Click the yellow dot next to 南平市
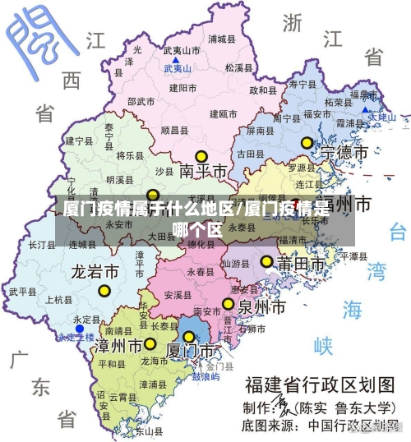(x=201, y=156)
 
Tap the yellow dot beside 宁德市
(x=307, y=142)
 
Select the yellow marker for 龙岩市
(x=104, y=290)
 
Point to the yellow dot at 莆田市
(x=266, y=261)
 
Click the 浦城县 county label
(x=222, y=39)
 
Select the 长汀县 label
(x=42, y=245)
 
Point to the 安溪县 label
(x=178, y=294)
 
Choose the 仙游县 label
(x=236, y=264)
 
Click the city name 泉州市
(x=261, y=307)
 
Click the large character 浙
(x=293, y=22)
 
